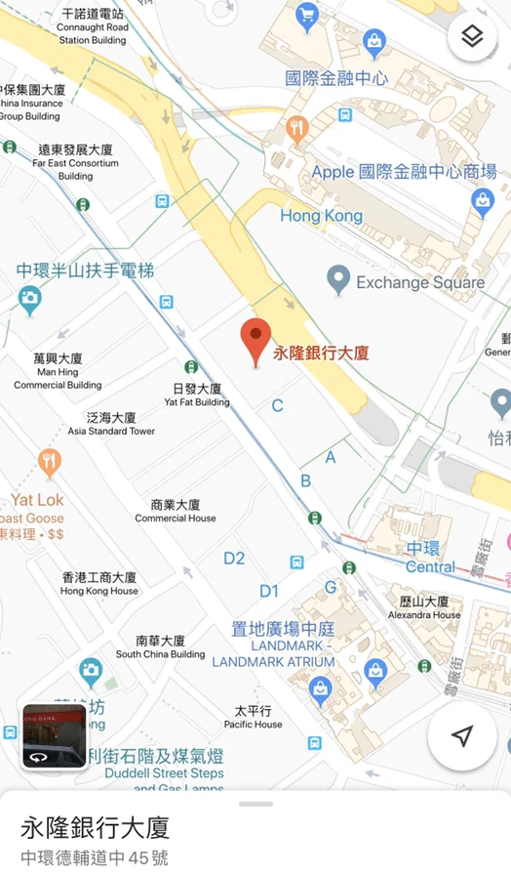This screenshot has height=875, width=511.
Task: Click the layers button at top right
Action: click(x=472, y=37)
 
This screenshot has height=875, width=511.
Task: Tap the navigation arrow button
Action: click(x=463, y=736)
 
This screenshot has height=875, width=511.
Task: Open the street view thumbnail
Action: click(x=56, y=736)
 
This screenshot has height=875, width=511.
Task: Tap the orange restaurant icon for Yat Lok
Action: click(x=50, y=462)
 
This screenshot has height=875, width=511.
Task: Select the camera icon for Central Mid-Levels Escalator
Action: click(x=29, y=298)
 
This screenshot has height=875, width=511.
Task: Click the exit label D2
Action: click(x=234, y=559)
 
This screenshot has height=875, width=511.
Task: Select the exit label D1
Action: click(x=269, y=591)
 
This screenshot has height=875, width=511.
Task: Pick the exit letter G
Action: click(x=331, y=587)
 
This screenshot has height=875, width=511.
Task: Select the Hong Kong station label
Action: click(x=321, y=216)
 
